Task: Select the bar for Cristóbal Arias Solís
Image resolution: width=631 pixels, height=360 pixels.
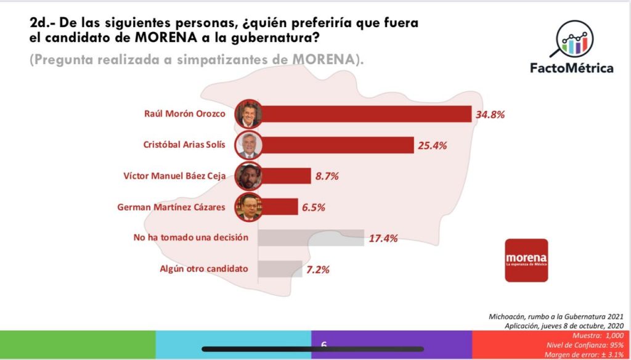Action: (338, 145)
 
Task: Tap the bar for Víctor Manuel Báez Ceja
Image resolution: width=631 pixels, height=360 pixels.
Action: (287, 176)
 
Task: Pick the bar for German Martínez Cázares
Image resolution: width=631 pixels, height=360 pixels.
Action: (280, 207)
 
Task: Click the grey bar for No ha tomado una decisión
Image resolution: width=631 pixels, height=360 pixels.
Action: (311, 238)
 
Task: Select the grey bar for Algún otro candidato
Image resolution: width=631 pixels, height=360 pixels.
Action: (280, 269)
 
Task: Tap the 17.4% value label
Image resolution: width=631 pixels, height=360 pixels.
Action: (383, 238)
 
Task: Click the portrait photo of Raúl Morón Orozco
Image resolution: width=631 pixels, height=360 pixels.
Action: (250, 114)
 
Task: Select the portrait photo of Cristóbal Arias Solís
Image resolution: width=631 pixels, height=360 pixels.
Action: (250, 145)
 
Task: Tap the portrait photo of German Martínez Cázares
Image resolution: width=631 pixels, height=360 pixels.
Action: (250, 207)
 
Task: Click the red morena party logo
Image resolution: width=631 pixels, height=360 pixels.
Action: (526, 260)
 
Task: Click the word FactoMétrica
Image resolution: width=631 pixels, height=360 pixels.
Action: (572, 68)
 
